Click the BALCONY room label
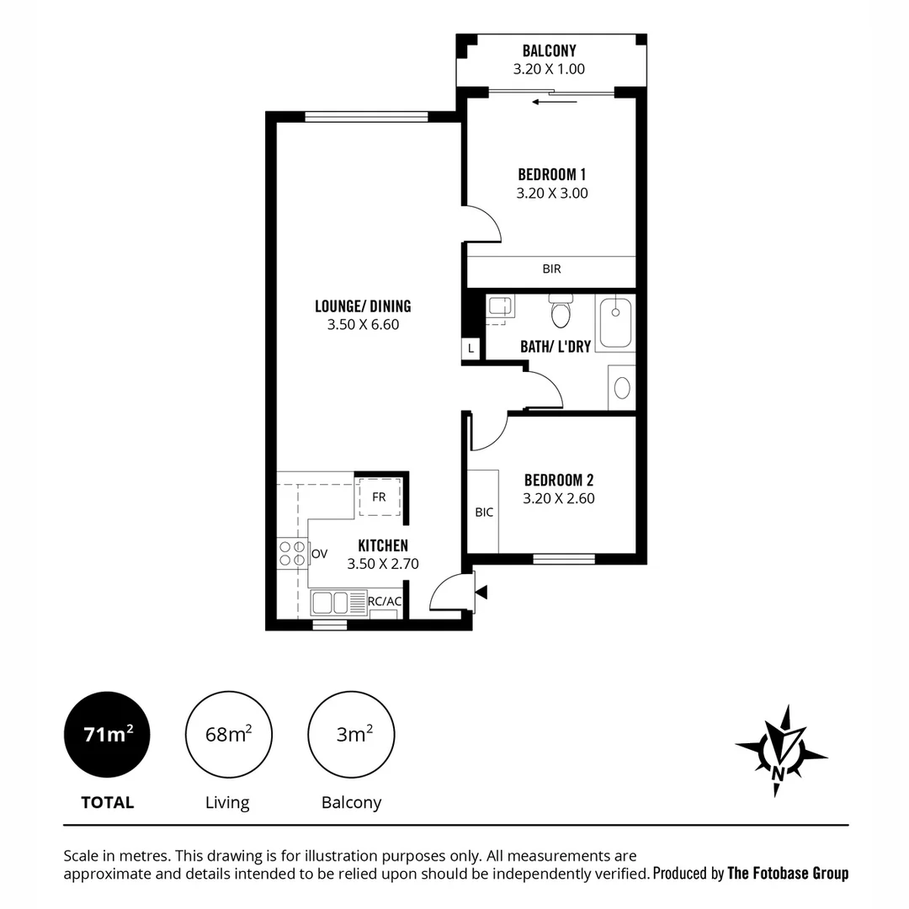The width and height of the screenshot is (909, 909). pos(549,51)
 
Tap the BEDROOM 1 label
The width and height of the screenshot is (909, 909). pos(551,175)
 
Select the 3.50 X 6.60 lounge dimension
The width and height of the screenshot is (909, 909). pos(363,324)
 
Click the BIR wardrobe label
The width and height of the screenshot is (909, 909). pos(551,269)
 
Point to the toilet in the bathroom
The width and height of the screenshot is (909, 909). pos(560,312)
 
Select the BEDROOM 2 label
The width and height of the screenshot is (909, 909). pos(558,481)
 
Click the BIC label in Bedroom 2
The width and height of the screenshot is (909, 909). pos(484,512)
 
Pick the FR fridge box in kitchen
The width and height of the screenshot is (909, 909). pos(379,497)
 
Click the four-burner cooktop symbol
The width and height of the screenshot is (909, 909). pos(292,552)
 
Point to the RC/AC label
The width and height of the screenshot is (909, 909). pos(385,601)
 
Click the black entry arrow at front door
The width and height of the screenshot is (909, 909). pos(481,593)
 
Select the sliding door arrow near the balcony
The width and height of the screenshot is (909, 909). pos(554,102)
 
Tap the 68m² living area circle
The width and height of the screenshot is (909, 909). pos(227,735)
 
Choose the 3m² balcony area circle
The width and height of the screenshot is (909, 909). pos(351,735)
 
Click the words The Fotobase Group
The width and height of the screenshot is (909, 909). pos(787,873)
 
